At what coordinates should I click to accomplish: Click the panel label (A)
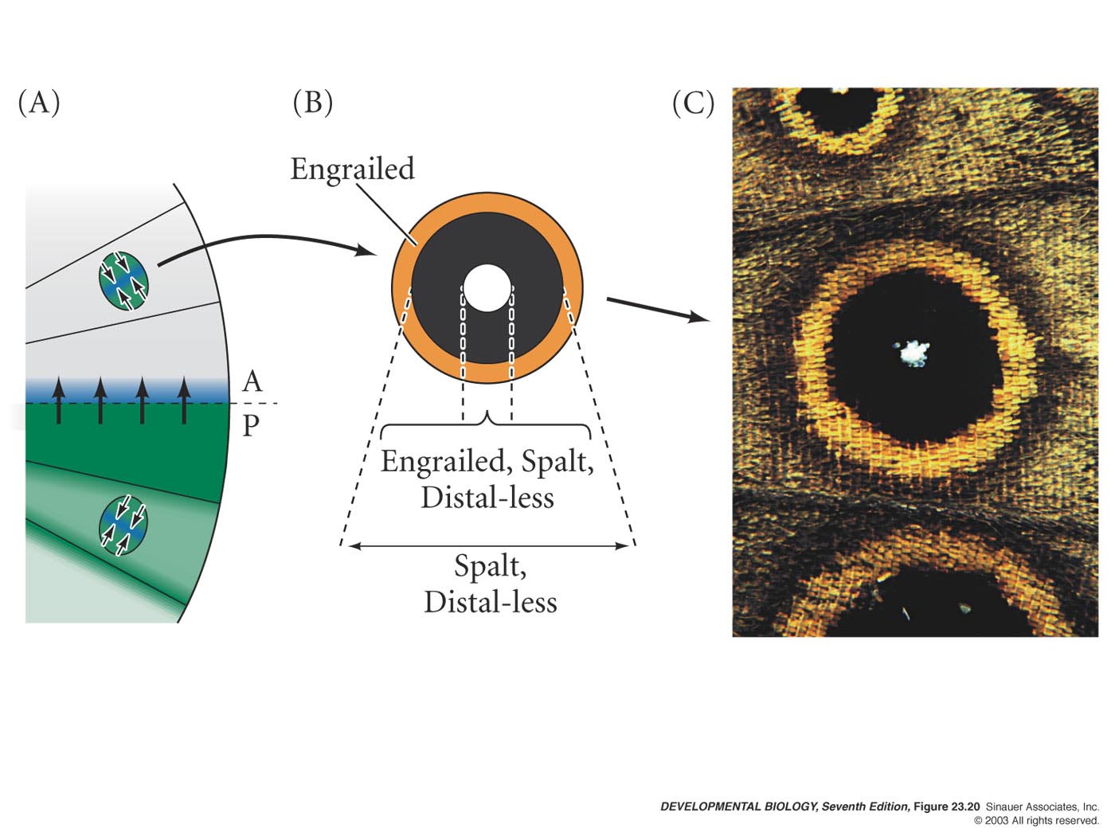click(x=39, y=103)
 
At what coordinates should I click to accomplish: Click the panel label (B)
click(x=313, y=103)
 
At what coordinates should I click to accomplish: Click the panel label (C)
click(x=694, y=103)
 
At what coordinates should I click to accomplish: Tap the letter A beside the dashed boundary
click(x=252, y=381)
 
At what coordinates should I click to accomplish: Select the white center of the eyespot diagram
click(x=487, y=287)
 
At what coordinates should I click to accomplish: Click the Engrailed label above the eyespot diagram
click(x=352, y=169)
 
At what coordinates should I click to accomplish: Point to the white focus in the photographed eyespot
click(x=914, y=353)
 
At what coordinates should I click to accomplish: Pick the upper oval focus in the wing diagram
click(x=123, y=280)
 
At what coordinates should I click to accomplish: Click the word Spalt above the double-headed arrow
click(x=490, y=566)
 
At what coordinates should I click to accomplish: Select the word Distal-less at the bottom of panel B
click(x=490, y=602)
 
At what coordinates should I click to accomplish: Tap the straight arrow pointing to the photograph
click(x=659, y=310)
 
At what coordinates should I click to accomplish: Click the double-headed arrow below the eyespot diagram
click(x=487, y=546)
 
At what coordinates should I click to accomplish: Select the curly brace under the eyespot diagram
click(x=486, y=424)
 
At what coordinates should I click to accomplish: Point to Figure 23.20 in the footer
click(x=947, y=807)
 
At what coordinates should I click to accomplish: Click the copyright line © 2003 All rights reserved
click(x=1036, y=821)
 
